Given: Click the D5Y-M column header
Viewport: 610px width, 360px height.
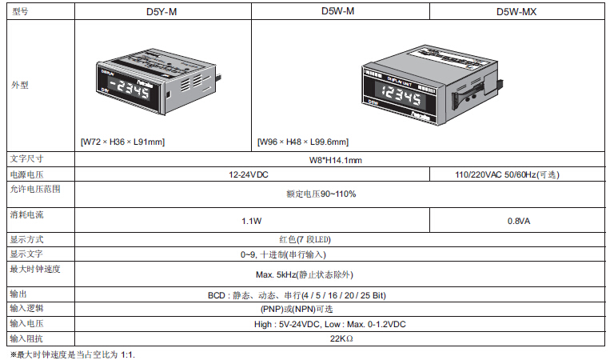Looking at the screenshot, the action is click(161, 12).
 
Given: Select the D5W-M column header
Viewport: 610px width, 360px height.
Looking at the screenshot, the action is click(337, 11).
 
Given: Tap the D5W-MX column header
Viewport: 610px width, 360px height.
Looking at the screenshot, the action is click(516, 12).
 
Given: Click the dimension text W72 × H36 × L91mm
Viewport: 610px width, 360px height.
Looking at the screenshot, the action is click(122, 142).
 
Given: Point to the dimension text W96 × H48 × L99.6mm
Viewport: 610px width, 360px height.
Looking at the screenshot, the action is click(303, 142).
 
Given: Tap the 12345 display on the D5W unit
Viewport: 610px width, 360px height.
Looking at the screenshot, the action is click(401, 94).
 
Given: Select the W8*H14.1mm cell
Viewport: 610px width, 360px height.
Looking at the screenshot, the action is click(335, 160).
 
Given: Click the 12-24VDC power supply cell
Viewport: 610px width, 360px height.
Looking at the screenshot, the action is click(249, 174).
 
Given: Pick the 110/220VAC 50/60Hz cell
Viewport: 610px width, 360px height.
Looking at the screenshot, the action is click(508, 174).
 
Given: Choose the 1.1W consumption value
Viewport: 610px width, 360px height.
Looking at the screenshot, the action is click(251, 221).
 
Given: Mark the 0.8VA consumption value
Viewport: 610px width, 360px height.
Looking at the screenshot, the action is click(519, 221).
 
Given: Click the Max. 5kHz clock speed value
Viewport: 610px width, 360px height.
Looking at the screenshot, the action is click(305, 274).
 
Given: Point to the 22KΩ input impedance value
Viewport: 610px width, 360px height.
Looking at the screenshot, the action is click(341, 338).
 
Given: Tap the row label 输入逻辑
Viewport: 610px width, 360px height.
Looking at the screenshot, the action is click(26, 308).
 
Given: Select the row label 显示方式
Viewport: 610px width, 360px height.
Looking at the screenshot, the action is click(26, 239).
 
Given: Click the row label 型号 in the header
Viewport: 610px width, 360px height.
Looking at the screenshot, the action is click(20, 11).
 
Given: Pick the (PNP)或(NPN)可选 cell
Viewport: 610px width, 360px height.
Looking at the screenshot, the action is click(297, 309).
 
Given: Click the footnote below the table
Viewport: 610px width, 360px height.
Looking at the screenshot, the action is click(73, 354).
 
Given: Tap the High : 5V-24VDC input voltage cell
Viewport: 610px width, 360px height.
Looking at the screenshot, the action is click(330, 324).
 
